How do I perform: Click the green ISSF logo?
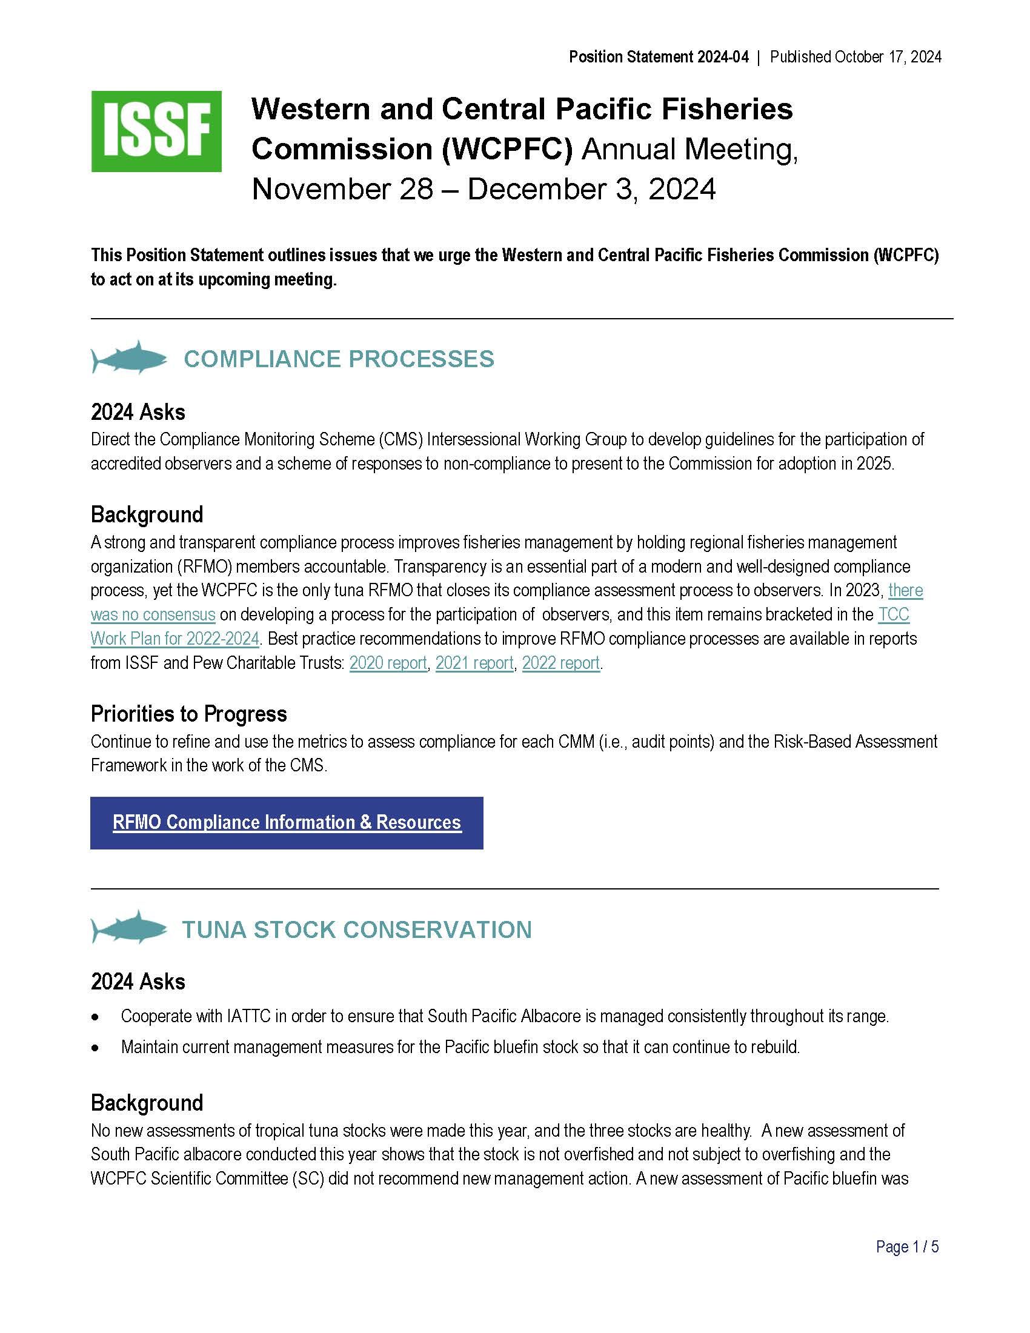coord(156,131)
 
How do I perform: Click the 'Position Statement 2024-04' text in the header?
coord(659,57)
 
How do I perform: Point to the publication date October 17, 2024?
coord(888,57)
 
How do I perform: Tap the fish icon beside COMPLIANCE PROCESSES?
coord(128,357)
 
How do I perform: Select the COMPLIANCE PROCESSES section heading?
coord(339,359)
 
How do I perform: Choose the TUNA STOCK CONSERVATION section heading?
coord(357,929)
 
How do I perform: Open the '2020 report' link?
coord(388,663)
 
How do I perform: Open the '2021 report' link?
coord(474,663)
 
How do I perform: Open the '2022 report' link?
coord(561,663)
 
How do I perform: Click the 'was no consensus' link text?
coord(153,614)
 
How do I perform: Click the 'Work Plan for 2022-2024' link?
coord(175,639)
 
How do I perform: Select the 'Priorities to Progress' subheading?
coord(188,714)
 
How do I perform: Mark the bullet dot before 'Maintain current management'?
coord(95,1048)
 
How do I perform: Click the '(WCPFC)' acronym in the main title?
coord(507,149)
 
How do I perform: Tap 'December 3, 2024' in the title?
coord(591,189)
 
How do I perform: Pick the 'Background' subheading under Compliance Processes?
coord(147,514)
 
